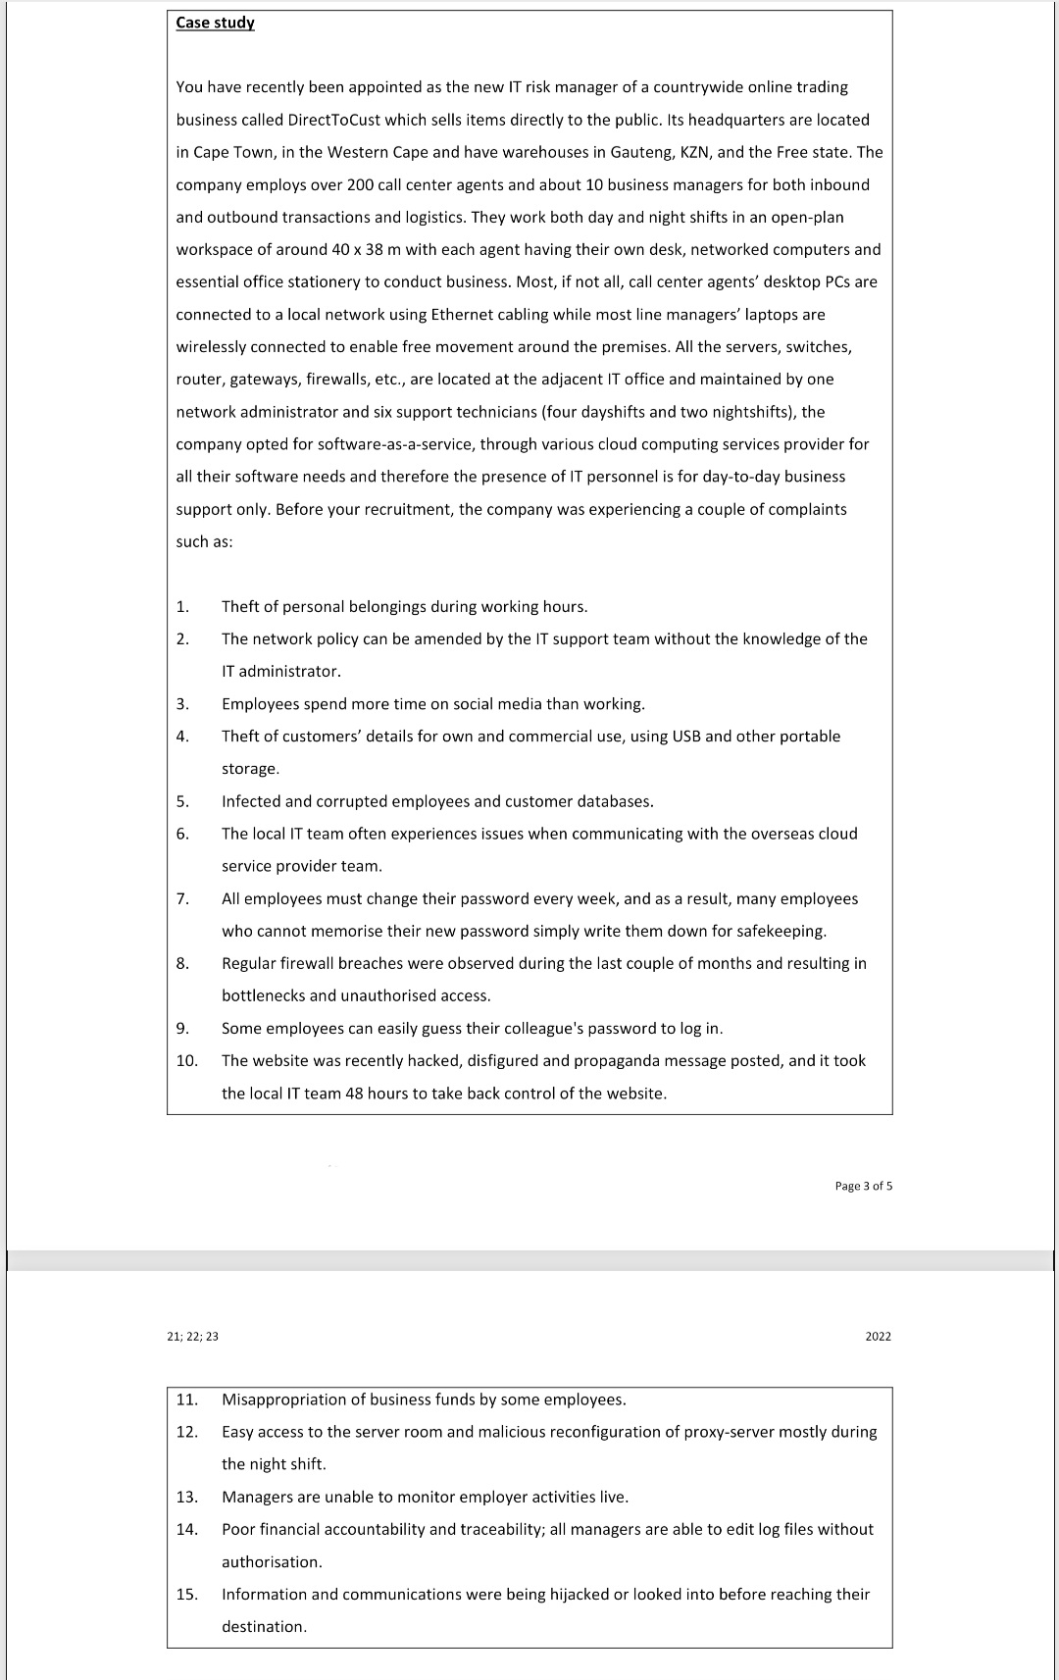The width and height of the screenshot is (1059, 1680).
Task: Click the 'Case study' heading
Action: (215, 23)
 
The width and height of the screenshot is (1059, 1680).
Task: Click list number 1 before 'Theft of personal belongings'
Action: (182, 606)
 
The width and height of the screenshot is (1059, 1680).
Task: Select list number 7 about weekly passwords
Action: (182, 898)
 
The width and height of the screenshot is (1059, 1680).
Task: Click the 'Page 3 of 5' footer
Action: (863, 1186)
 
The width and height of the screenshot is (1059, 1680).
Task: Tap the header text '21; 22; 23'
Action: (193, 1336)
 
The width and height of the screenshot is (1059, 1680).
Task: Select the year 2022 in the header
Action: (878, 1336)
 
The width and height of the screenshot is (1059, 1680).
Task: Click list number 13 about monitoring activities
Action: (186, 1497)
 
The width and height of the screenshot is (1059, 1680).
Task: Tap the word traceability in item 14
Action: (498, 1529)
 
